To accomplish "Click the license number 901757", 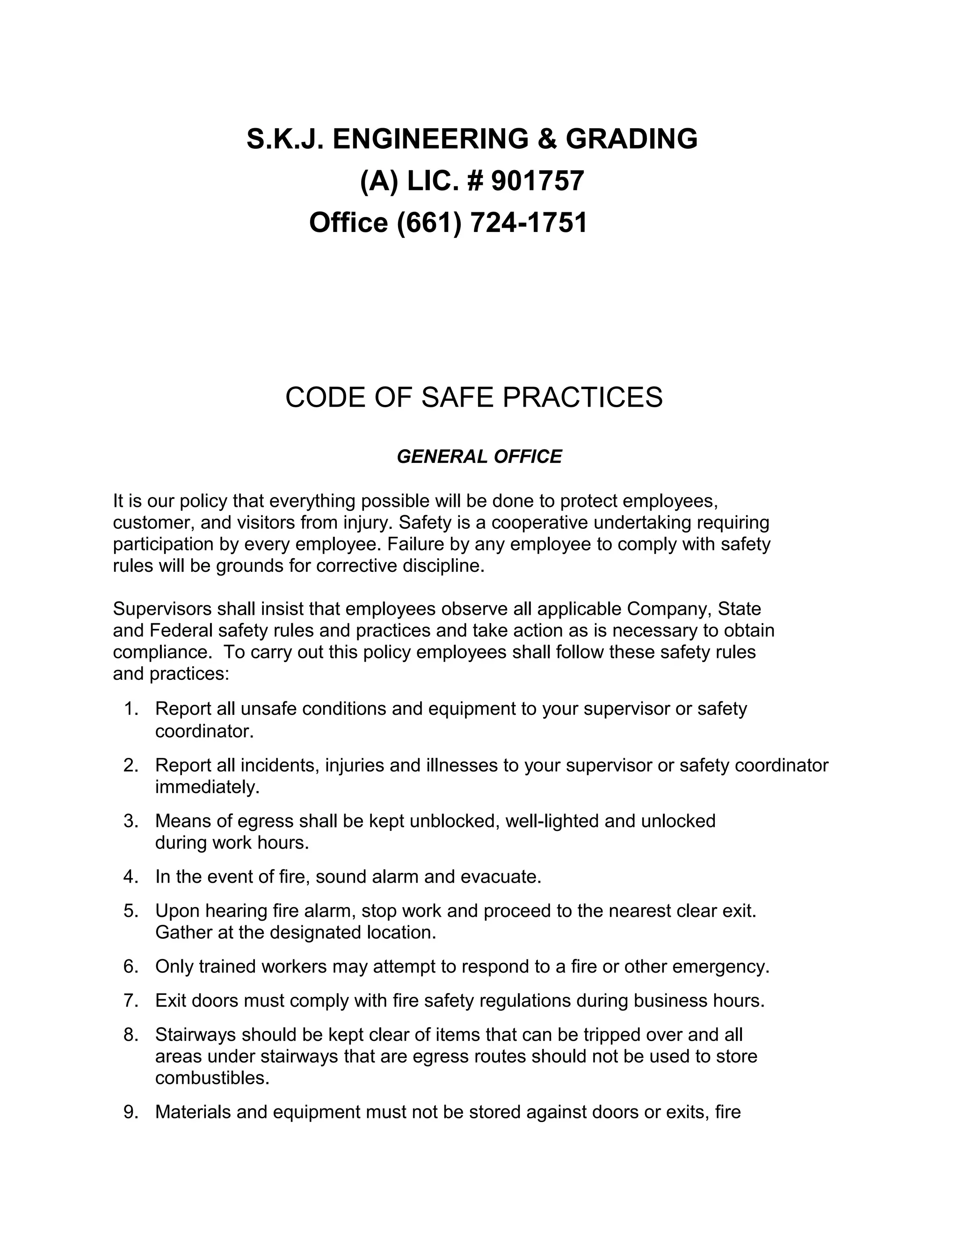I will click(537, 181).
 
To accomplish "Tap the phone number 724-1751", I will click(529, 223).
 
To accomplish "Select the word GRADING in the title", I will click(631, 139).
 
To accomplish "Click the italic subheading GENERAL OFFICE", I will click(479, 457).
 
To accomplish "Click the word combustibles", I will click(212, 1078).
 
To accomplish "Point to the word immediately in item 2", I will click(207, 787).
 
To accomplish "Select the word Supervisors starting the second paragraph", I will click(162, 609).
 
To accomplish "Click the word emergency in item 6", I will click(719, 967).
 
